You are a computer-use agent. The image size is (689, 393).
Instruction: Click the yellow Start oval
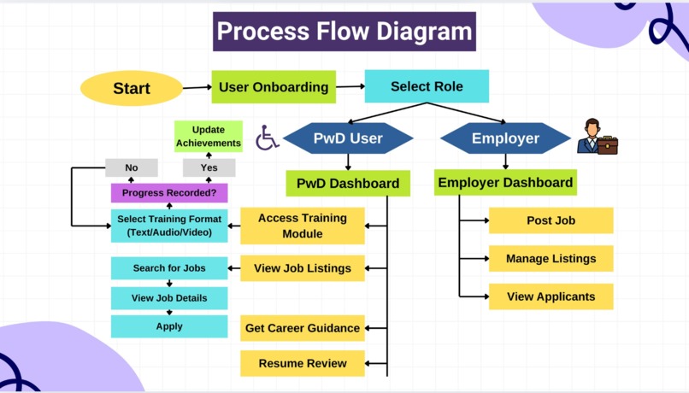[x=131, y=89]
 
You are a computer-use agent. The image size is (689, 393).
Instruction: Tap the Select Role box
[x=427, y=87]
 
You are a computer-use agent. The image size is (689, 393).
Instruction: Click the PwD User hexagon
[x=348, y=138]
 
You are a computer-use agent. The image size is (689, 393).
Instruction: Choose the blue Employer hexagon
[x=505, y=138]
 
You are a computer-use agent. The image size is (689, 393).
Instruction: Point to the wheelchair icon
[x=268, y=138]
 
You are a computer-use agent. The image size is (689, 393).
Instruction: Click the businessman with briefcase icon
[x=597, y=137]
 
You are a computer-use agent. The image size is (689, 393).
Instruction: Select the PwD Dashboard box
[x=347, y=184]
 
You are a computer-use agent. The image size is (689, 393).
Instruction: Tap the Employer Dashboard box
[x=504, y=183]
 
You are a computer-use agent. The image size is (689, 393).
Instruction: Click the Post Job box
[x=551, y=220]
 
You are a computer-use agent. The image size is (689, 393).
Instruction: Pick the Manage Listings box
[x=551, y=259]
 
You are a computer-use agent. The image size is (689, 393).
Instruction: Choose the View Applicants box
[x=551, y=296]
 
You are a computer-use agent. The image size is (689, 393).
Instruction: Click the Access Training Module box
[x=302, y=226]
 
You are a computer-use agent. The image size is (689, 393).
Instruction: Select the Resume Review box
[x=302, y=363]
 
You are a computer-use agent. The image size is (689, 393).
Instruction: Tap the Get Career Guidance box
[x=302, y=328]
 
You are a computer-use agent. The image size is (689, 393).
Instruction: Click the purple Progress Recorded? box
[x=168, y=193]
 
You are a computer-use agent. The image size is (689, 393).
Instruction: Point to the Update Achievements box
[x=209, y=137]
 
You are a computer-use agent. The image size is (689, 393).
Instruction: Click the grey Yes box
[x=209, y=167]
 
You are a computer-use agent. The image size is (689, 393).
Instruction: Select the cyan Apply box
[x=169, y=326]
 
